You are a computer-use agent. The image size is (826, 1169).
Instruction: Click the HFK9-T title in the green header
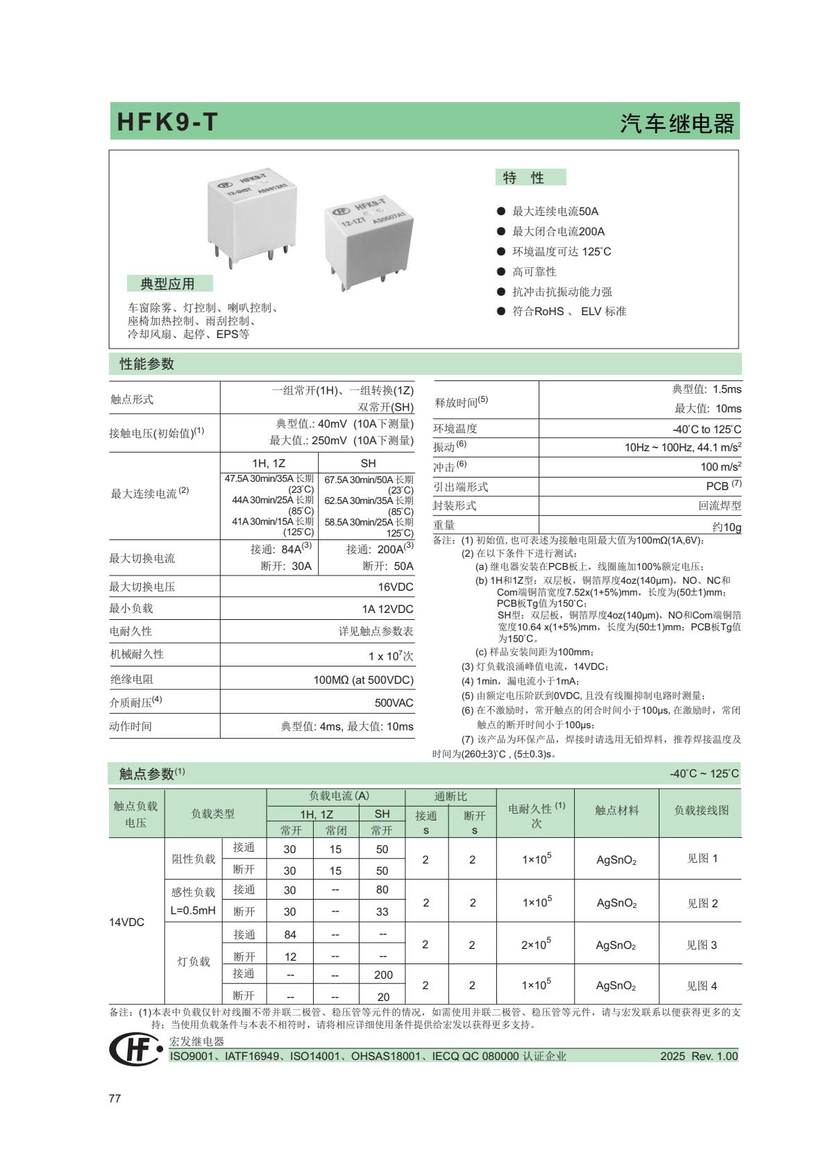[167, 122]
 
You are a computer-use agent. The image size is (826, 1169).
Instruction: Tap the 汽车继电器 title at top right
[677, 124]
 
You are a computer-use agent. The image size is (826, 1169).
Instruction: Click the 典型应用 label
[168, 283]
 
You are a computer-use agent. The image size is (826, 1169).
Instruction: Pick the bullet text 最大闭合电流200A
[558, 231]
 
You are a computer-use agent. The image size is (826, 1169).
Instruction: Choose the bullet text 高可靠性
[534, 271]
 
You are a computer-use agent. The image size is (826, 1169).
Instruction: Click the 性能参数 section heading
[147, 364]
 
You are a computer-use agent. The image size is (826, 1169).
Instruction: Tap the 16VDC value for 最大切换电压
[396, 587]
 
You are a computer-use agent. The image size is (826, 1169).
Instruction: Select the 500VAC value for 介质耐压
[394, 703]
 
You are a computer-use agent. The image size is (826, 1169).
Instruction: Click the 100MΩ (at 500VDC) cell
[363, 680]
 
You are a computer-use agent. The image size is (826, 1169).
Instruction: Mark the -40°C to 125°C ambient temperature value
[707, 429]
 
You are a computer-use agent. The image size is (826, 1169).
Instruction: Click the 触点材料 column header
[616, 810]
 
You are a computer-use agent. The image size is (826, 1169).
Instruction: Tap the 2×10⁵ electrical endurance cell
[536, 944]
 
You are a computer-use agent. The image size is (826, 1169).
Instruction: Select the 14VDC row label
[127, 922]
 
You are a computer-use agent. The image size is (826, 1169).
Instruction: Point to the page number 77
[115, 1098]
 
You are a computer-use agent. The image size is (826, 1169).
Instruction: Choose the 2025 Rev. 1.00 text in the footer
[698, 1056]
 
